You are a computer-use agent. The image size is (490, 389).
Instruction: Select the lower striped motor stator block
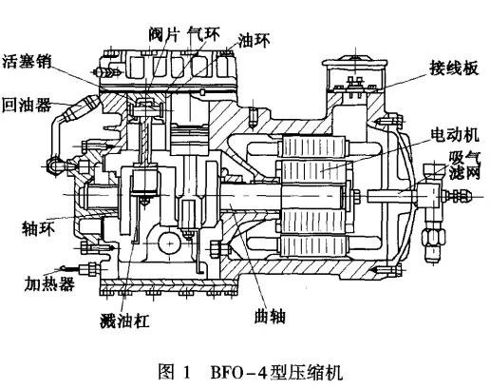click(x=312, y=239)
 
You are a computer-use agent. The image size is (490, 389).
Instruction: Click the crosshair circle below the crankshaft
click(x=174, y=243)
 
